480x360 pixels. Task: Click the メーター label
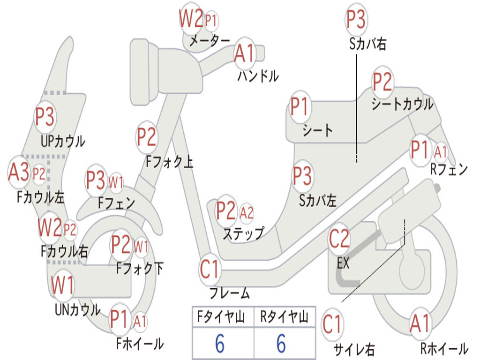click(x=209, y=41)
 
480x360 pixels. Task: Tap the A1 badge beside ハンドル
click(x=244, y=53)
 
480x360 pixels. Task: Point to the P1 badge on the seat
click(x=300, y=107)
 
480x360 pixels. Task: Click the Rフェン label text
click(x=449, y=170)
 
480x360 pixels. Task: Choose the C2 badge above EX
click(x=339, y=239)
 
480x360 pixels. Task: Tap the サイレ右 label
click(x=354, y=349)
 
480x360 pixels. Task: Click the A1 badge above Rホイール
click(x=420, y=323)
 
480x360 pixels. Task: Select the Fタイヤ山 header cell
click(x=223, y=317)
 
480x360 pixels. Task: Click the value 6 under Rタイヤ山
click(x=281, y=344)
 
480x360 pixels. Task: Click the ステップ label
click(x=243, y=233)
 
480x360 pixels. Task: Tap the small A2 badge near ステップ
click(x=247, y=213)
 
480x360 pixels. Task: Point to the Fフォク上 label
click(x=169, y=162)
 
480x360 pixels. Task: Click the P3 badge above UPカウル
click(x=45, y=117)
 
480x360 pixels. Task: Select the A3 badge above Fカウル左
click(x=19, y=172)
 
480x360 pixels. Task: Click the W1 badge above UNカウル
click(x=63, y=285)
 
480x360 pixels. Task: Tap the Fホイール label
click(x=140, y=344)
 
